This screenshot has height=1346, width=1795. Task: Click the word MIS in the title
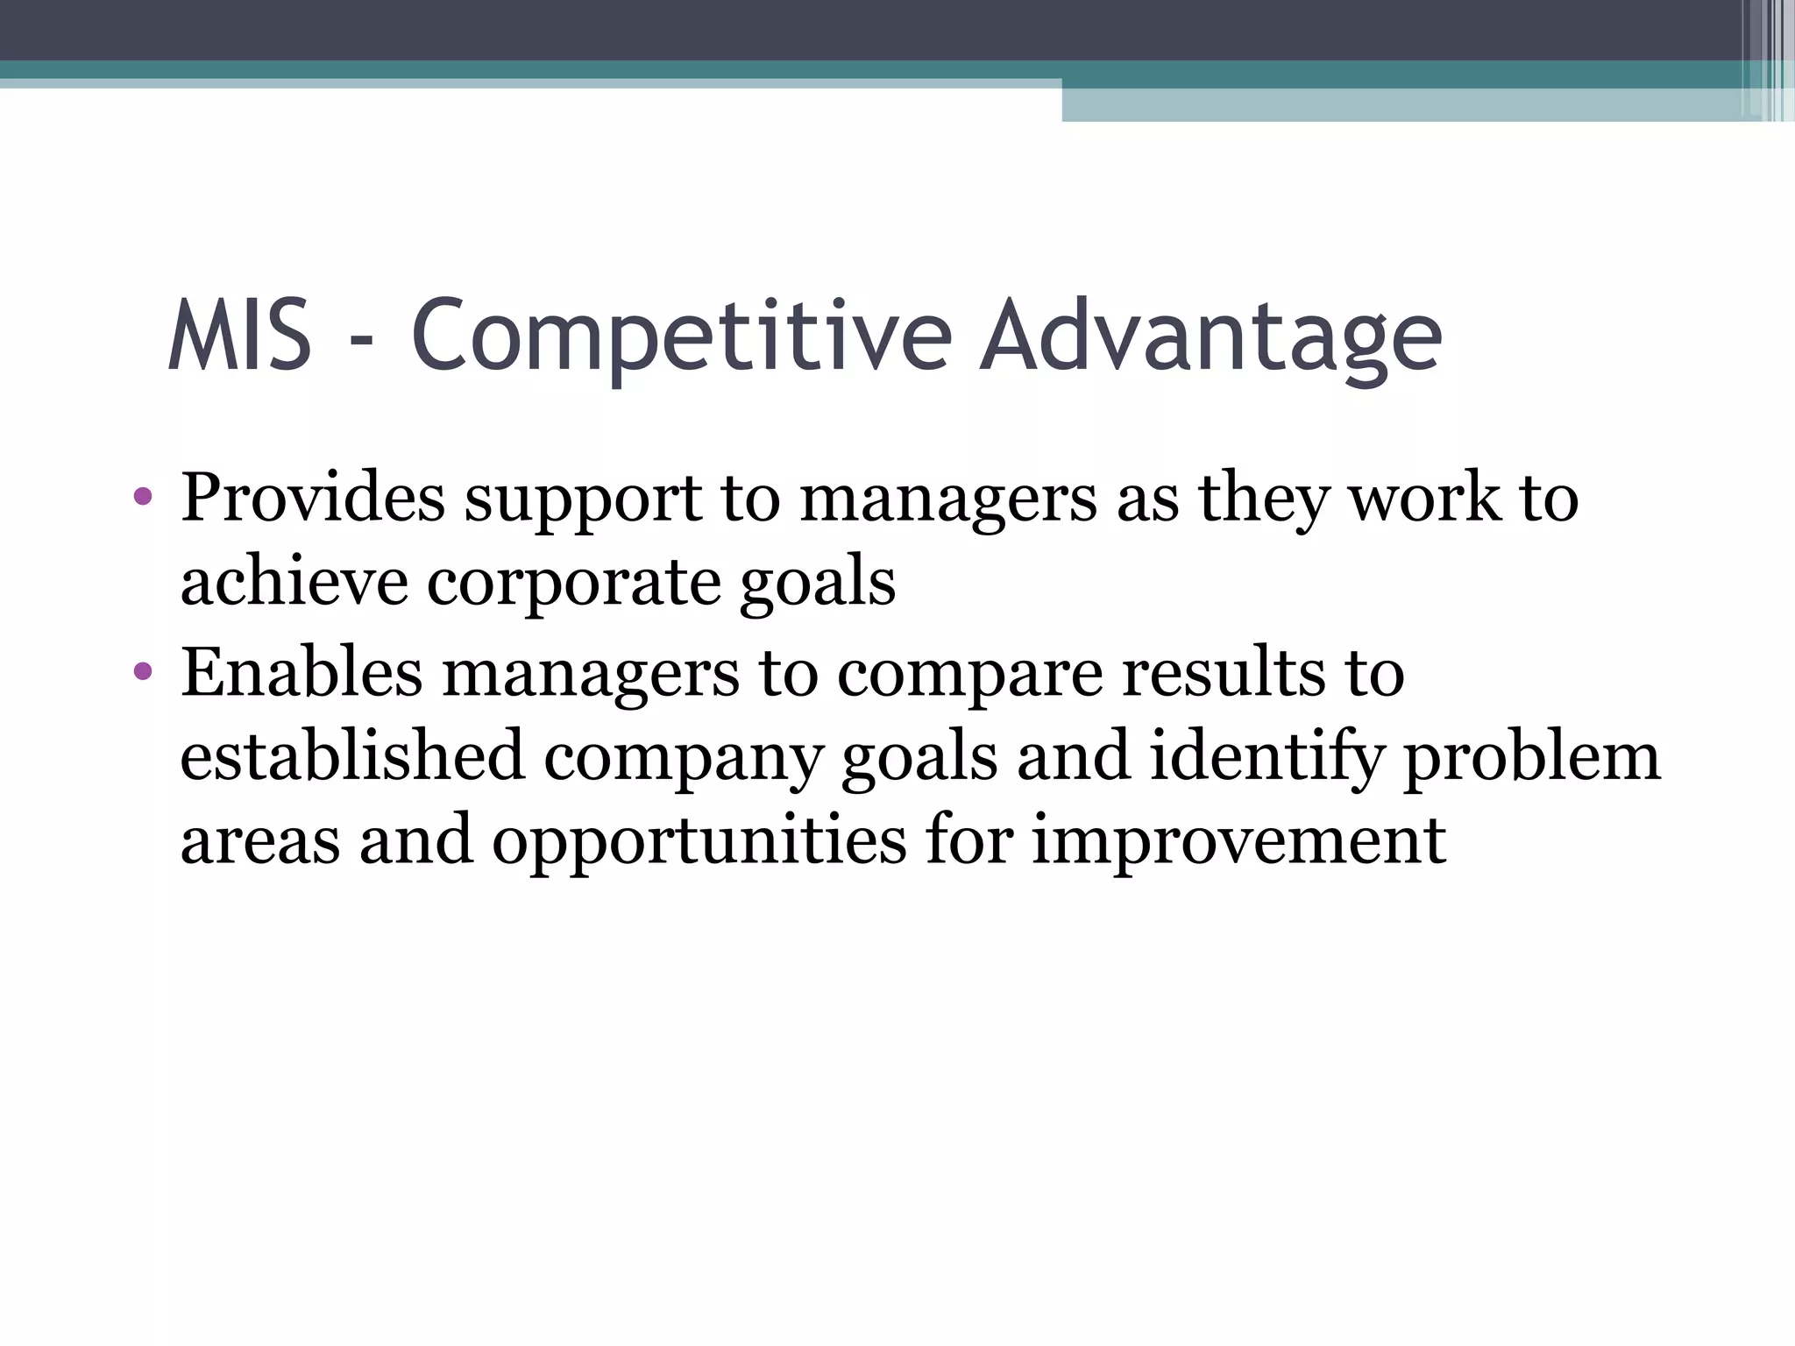pyautogui.click(x=239, y=336)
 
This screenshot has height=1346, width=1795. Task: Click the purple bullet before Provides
pyautogui.click(x=143, y=499)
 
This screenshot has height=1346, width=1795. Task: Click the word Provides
pyautogui.click(x=313, y=498)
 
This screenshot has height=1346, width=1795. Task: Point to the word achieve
pyautogui.click(x=294, y=582)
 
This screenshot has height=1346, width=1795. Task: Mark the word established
pyautogui.click(x=351, y=755)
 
